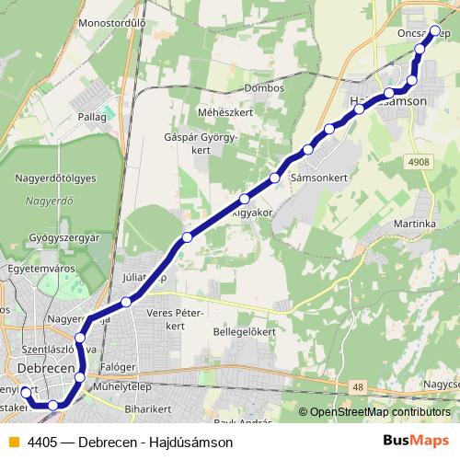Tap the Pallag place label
click(x=93, y=117)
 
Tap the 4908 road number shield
click(x=419, y=162)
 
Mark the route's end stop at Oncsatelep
click(x=436, y=30)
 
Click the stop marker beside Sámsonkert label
click(x=275, y=177)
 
